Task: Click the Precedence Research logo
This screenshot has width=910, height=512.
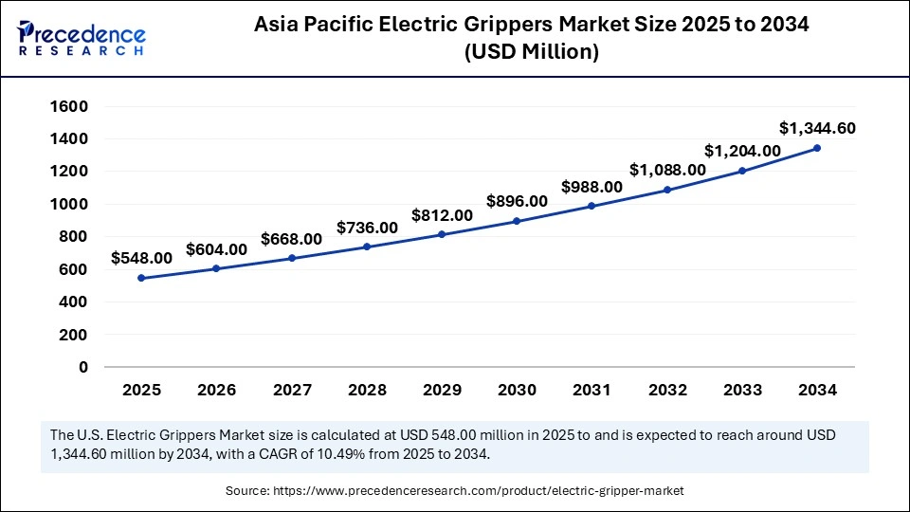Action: [x=82, y=37]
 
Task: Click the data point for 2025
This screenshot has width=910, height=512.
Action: [x=141, y=278]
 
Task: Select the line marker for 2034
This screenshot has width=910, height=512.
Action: [x=817, y=148]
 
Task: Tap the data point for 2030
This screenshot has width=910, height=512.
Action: [x=517, y=221]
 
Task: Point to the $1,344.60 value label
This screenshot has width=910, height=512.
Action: [x=817, y=127]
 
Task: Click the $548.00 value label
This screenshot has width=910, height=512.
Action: [x=141, y=257]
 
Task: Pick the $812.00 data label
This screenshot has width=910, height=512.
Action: [x=442, y=215]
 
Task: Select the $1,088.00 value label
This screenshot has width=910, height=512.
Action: [x=667, y=170]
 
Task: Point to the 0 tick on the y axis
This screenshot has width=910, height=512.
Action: [x=82, y=367]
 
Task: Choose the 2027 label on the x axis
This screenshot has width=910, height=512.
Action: [x=291, y=390]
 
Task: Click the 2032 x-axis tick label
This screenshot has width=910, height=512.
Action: [x=666, y=390]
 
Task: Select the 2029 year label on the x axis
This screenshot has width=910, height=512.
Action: [x=442, y=390]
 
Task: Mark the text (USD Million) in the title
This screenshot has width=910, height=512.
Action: [x=531, y=53]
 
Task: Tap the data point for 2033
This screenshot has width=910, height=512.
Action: [x=742, y=171]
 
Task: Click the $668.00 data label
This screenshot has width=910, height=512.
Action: [x=291, y=239]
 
